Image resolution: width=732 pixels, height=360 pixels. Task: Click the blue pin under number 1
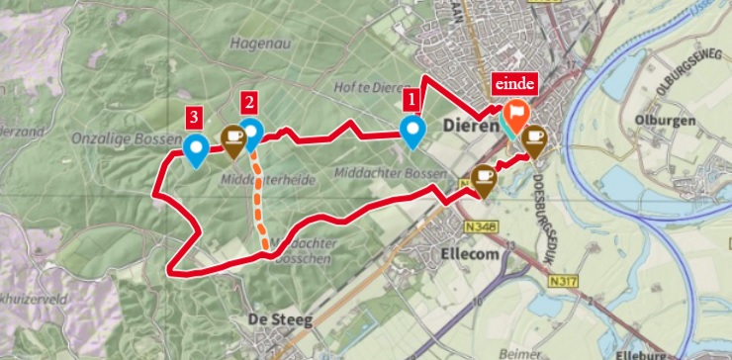click(412, 131)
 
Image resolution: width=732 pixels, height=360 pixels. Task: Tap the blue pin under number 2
click(251, 132)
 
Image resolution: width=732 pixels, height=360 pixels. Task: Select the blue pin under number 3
click(196, 150)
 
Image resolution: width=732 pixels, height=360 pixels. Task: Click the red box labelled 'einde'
click(513, 83)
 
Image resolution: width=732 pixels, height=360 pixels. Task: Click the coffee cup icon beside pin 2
click(233, 140)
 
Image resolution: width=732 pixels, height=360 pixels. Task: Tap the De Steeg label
click(279, 319)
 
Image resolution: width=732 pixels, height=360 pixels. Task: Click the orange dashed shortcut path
click(261, 202)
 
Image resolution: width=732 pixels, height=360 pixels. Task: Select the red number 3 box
click(196, 118)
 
